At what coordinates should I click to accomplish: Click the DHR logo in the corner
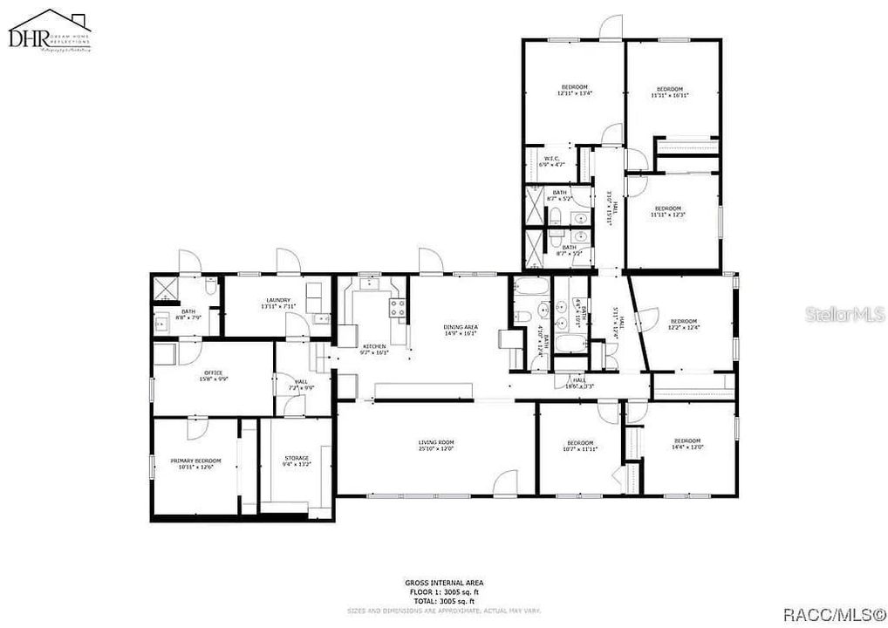point(49,32)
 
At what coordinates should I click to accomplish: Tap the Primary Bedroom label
point(195,461)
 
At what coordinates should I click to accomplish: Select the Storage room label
point(297,458)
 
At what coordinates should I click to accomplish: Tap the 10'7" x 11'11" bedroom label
point(580,444)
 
